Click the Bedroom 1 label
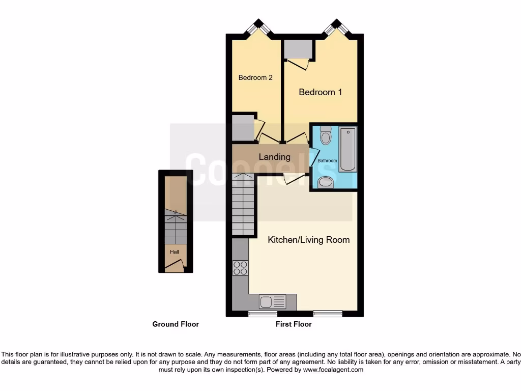tap(320, 92)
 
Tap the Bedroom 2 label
tap(255, 78)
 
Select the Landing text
tap(274, 157)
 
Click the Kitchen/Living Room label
tap(308, 240)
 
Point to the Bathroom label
tap(327, 161)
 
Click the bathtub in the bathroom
tap(348, 149)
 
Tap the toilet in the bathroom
tap(326, 135)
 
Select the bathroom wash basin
tap(325, 182)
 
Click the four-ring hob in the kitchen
tap(240, 268)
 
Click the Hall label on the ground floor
tap(175, 252)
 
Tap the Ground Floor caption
tap(176, 324)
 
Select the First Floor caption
tap(294, 324)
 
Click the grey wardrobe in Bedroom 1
tap(298, 49)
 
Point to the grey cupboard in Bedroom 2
tap(243, 128)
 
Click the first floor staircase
tap(243, 204)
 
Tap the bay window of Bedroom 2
tap(259, 27)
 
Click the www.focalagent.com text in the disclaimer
tap(333, 370)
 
